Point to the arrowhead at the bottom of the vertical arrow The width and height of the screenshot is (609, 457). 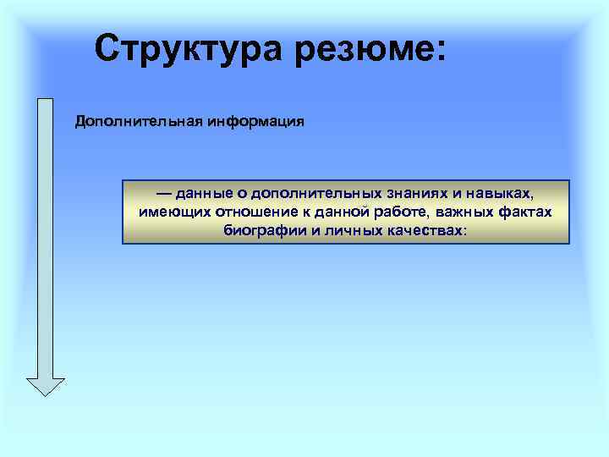point(46,385)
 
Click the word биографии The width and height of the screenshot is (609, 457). point(258,230)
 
